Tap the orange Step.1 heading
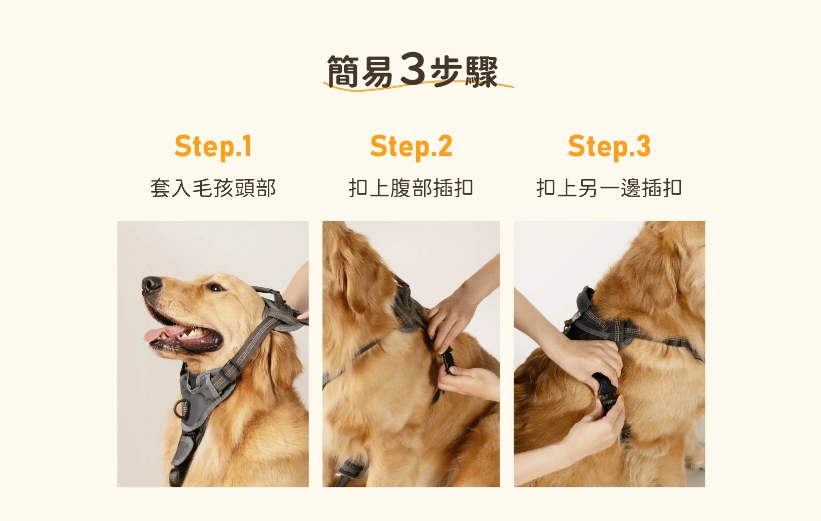click(x=213, y=147)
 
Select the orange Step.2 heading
click(x=411, y=147)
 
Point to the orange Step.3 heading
click(x=609, y=147)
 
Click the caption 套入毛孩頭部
click(x=213, y=188)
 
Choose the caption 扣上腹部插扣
click(x=411, y=188)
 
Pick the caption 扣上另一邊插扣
click(x=609, y=188)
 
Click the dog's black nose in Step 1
click(x=151, y=285)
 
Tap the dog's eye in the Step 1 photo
click(x=215, y=288)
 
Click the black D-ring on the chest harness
click(x=182, y=408)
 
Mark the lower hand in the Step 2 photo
click(x=469, y=383)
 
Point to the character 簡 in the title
click(x=342, y=72)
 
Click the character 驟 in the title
click(x=481, y=72)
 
